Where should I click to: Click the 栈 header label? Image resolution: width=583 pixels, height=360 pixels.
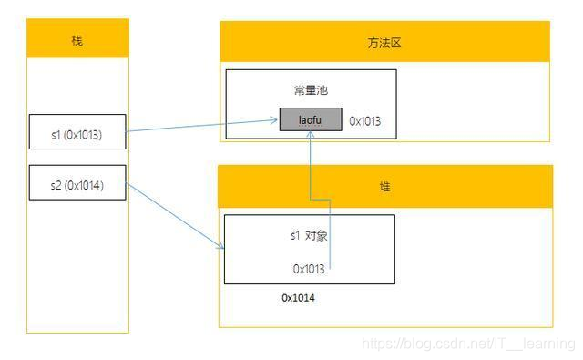point(77,41)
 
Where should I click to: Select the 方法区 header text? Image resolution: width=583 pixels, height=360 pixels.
point(384,43)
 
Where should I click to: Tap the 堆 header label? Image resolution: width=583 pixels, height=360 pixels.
point(384,186)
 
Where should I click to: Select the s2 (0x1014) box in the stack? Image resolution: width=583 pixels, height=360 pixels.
point(77,184)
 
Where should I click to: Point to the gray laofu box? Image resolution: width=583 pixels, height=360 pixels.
point(311,119)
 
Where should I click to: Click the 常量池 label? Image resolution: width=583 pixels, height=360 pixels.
point(310,91)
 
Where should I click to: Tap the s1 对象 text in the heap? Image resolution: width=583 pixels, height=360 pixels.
point(310,236)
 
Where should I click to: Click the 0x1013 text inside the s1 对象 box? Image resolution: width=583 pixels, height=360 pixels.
point(309,269)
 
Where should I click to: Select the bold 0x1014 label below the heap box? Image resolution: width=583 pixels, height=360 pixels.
point(298,298)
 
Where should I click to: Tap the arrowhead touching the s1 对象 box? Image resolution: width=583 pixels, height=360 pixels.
point(220,246)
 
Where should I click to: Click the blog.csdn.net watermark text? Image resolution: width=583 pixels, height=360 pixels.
point(468,344)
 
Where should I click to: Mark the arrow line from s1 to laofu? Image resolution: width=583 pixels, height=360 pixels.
point(200,125)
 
